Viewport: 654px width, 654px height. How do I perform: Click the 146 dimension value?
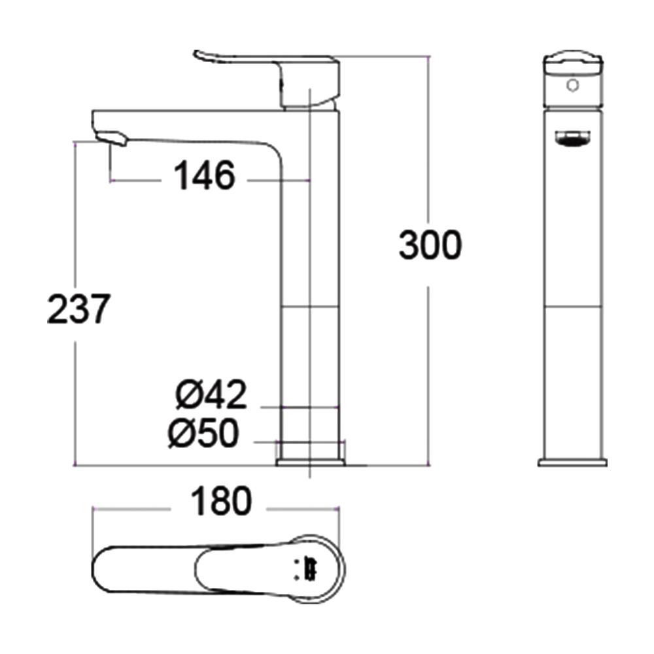point(204,176)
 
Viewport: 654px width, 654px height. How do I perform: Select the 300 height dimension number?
point(430,247)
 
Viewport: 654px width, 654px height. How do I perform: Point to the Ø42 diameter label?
point(211,395)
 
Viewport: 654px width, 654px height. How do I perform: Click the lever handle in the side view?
point(235,61)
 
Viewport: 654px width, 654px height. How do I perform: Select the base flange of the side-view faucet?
point(311,462)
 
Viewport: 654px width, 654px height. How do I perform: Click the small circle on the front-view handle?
point(573,85)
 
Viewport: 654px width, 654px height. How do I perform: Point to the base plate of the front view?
point(572,462)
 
